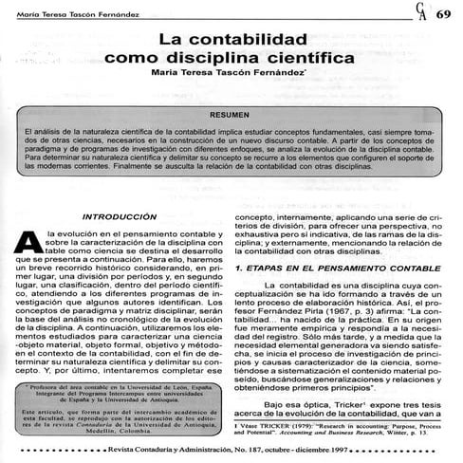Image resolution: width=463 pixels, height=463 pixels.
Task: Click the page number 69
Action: (443, 14)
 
